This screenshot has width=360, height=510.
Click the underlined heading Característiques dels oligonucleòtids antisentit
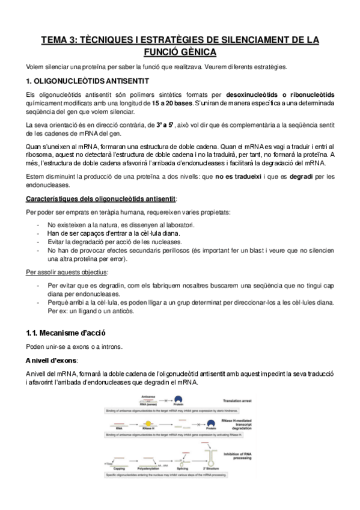click(x=102, y=199)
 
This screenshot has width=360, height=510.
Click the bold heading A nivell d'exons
click(x=52, y=360)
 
